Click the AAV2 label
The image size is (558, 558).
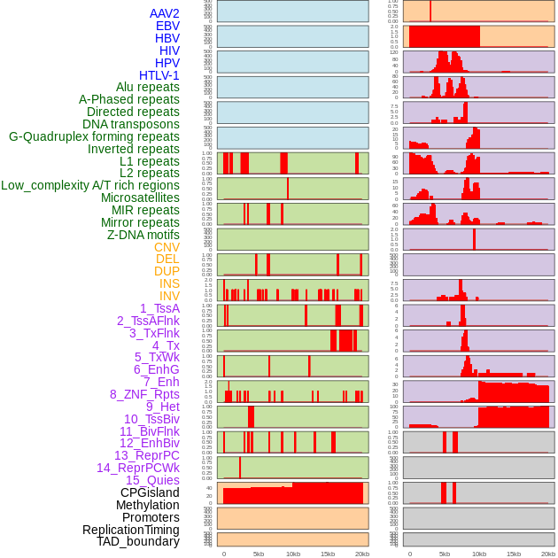[165, 13]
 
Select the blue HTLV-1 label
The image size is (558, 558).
[159, 75]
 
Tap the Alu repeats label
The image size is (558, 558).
[148, 87]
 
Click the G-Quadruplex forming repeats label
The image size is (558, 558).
[94, 136]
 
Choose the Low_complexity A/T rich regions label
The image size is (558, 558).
[90, 185]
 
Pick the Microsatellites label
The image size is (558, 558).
[140, 198]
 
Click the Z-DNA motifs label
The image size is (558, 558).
[143, 235]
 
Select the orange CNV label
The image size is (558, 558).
[167, 247]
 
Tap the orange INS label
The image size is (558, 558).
[169, 283]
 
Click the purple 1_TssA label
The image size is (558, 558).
[159, 308]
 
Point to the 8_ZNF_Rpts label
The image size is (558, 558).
[144, 394]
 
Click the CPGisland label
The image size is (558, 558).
[150, 492]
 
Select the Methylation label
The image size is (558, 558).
[142, 505]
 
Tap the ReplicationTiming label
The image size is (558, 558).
[131, 530]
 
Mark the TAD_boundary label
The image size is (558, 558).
[138, 541]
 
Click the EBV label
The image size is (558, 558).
[167, 26]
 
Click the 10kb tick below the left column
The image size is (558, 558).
[292, 554]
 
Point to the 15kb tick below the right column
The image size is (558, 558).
[513, 554]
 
